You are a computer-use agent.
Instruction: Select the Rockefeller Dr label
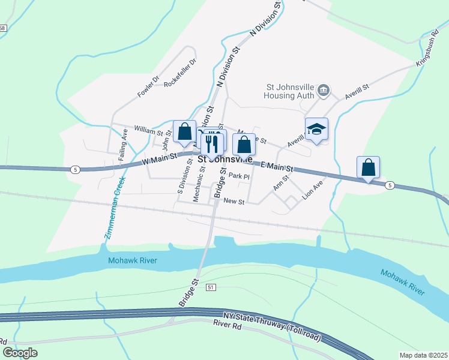pos(180,73)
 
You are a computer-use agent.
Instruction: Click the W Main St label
pos(159,159)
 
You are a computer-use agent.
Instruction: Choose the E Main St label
pos(277,166)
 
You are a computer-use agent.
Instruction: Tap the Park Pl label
pos(239,176)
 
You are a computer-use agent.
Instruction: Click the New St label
pos(234,202)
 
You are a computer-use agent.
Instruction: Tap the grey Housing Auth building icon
pos(324,91)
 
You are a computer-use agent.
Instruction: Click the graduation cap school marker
pos(316,129)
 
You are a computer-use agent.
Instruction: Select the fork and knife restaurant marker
pos(212,144)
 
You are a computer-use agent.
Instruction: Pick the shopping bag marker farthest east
pos(368,168)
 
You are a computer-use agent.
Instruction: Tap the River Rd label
pos(227,324)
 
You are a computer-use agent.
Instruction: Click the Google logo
pos(20,353)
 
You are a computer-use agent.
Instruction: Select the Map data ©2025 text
pos(422,355)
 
